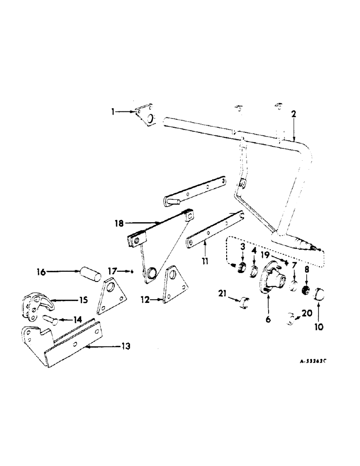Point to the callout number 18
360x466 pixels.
tap(120, 223)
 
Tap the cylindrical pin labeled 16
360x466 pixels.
tap(90, 273)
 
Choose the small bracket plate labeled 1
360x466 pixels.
tap(146, 116)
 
